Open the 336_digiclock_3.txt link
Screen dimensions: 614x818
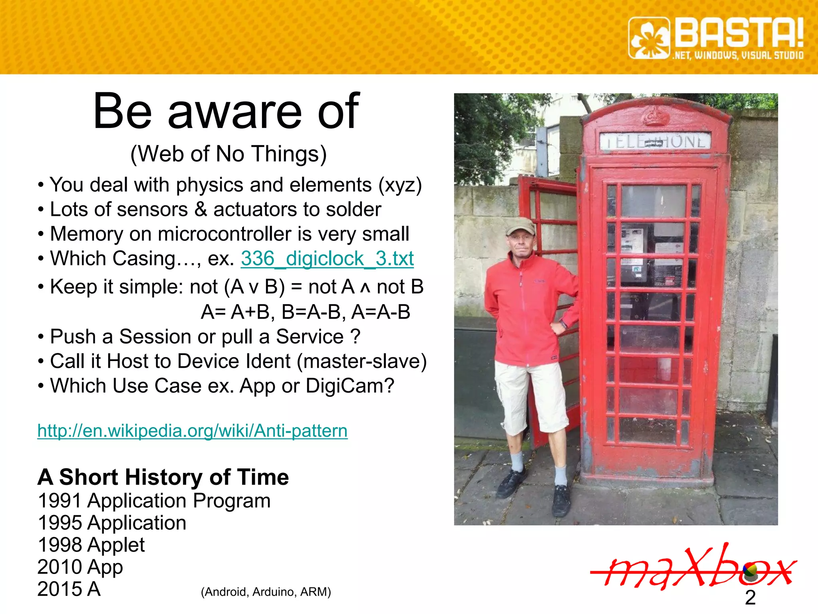coord(327,259)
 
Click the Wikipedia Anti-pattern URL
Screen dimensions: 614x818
coord(192,431)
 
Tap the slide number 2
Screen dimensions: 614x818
coord(750,598)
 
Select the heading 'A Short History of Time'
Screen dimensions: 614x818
coord(163,477)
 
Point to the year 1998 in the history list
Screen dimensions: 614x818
coord(60,545)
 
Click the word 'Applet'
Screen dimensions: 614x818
coord(116,545)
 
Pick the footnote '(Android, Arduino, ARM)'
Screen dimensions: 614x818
coord(266,592)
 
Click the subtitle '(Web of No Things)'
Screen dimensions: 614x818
coord(228,154)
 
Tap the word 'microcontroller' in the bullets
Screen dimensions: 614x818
coord(224,234)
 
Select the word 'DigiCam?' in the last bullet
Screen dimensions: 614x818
coord(350,386)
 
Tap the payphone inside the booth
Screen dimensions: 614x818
coord(633,252)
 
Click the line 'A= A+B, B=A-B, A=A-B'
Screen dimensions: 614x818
coord(305,312)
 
